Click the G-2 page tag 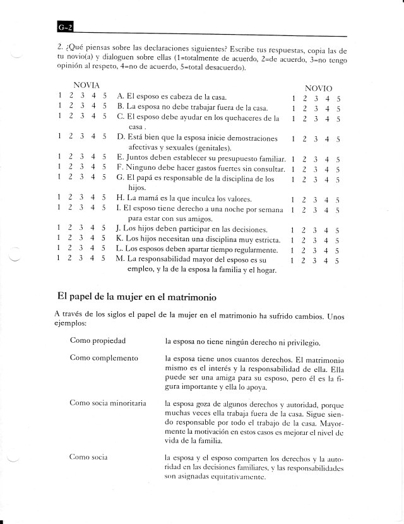coord(64,27)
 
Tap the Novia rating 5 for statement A coord(104,95)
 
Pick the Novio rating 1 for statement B coord(294,109)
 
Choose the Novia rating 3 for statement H coord(81,198)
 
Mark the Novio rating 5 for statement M coord(338,260)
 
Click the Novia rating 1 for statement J coord(58,229)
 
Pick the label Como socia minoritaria coord(107,402)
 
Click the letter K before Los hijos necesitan coord(119,239)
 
